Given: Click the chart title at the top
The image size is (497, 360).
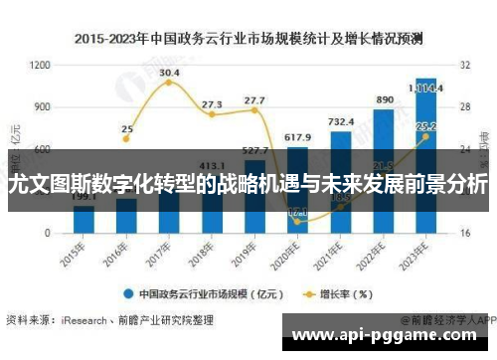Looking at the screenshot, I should [248, 40].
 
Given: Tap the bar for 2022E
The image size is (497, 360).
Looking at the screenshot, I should [383, 169].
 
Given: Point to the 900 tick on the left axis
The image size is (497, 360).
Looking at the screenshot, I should [43, 106].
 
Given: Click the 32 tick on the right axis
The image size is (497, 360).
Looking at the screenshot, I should [464, 65].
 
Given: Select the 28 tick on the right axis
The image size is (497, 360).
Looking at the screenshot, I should [464, 106].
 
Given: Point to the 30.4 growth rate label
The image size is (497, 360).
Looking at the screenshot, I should [169, 73].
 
